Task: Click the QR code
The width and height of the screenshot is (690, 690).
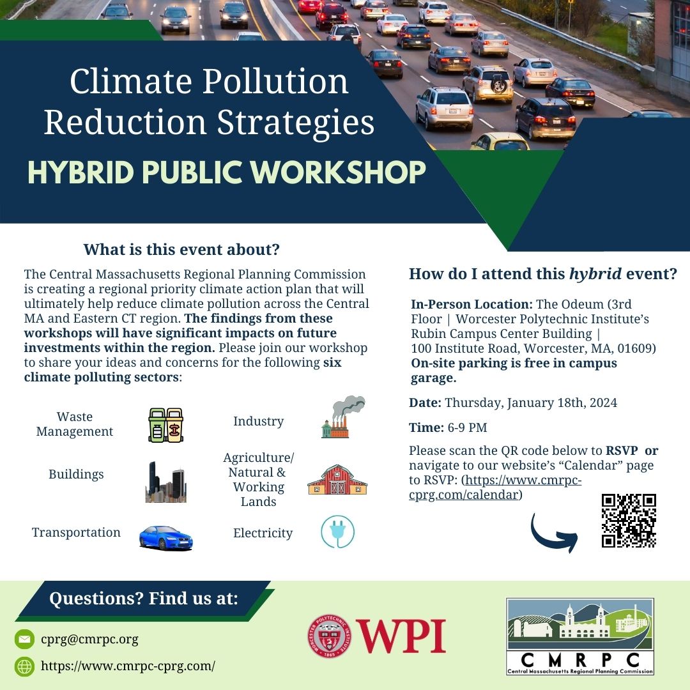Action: click(629, 521)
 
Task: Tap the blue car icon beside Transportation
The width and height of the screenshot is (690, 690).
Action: click(165, 537)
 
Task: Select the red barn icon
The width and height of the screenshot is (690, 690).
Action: click(337, 480)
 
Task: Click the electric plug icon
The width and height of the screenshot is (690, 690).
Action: click(337, 532)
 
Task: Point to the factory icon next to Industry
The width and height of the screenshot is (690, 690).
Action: click(342, 417)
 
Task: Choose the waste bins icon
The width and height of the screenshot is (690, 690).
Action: click(165, 425)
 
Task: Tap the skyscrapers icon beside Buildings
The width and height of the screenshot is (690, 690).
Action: click(165, 482)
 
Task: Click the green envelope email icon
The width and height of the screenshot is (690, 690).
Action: click(25, 639)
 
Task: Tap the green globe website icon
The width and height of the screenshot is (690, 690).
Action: click(25, 666)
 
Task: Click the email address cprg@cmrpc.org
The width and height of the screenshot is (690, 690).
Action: click(89, 639)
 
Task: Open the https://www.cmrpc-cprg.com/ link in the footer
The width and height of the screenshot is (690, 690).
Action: click(128, 666)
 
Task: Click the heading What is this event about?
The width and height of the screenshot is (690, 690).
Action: click(181, 249)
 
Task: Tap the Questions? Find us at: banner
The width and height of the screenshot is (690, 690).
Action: click(143, 599)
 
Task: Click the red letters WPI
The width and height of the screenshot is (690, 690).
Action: click(401, 636)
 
